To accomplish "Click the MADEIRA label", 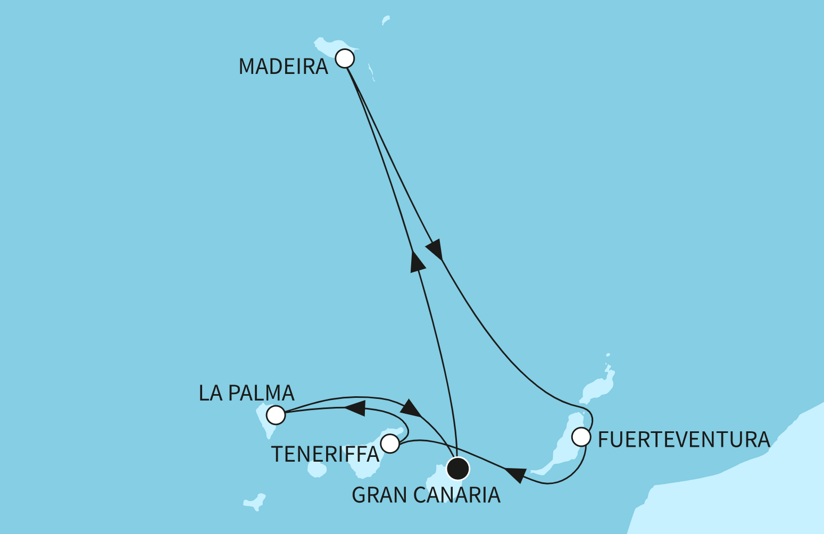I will point(283,67).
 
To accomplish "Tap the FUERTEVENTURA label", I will point(684,440).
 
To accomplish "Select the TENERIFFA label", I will point(324,454).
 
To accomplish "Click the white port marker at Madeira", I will point(345,58).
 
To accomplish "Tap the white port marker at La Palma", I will point(276,414).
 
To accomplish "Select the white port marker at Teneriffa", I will point(390,443).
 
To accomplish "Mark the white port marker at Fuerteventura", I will point(581,437).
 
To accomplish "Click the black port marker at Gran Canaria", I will point(457,469).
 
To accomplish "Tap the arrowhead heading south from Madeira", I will point(436,249).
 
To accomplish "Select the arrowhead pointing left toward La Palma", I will point(355,408).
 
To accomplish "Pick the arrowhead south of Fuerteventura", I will point(516,474).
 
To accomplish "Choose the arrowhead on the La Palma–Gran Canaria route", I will point(411,407).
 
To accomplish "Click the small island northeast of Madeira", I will point(386,20).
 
